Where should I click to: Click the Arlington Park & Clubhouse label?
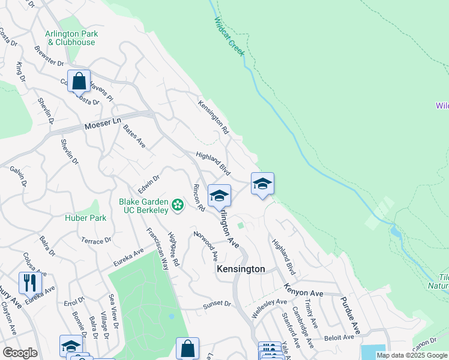[71, 38]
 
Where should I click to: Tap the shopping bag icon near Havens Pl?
[79, 80]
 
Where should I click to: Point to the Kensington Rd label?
[214, 116]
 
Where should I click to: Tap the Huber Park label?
[86, 218]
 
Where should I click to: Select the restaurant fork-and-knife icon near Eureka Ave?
[30, 282]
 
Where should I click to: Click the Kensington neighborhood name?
[240, 269]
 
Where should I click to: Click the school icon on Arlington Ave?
[219, 196]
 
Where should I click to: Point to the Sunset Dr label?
[216, 304]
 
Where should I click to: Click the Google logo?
[20, 353]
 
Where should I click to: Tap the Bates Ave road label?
[134, 136]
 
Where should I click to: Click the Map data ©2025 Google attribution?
[412, 355]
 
